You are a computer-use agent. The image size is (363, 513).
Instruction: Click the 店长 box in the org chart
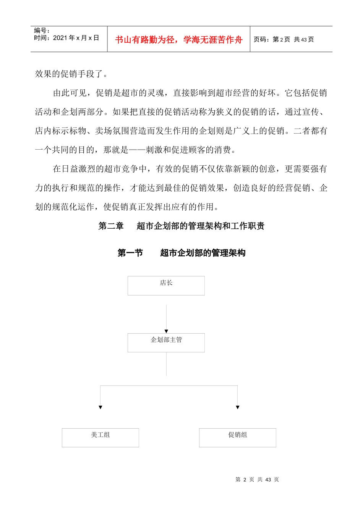166,286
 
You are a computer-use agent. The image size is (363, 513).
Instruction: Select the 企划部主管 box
166,342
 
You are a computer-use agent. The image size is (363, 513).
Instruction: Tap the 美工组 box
100,437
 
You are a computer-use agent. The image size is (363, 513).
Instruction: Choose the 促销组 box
237,437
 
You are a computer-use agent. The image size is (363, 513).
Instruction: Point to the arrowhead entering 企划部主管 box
166,331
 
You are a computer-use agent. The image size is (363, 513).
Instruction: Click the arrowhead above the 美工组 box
100,407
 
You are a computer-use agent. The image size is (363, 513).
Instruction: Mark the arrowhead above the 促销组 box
238,407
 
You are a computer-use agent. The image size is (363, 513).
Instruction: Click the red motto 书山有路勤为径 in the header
178,40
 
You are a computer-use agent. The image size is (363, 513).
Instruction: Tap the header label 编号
41,31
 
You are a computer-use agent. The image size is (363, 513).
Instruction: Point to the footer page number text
257,479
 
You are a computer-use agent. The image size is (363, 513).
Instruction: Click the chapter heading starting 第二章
181,226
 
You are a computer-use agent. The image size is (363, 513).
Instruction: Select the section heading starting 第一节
181,253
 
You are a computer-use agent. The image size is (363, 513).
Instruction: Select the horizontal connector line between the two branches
169,386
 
